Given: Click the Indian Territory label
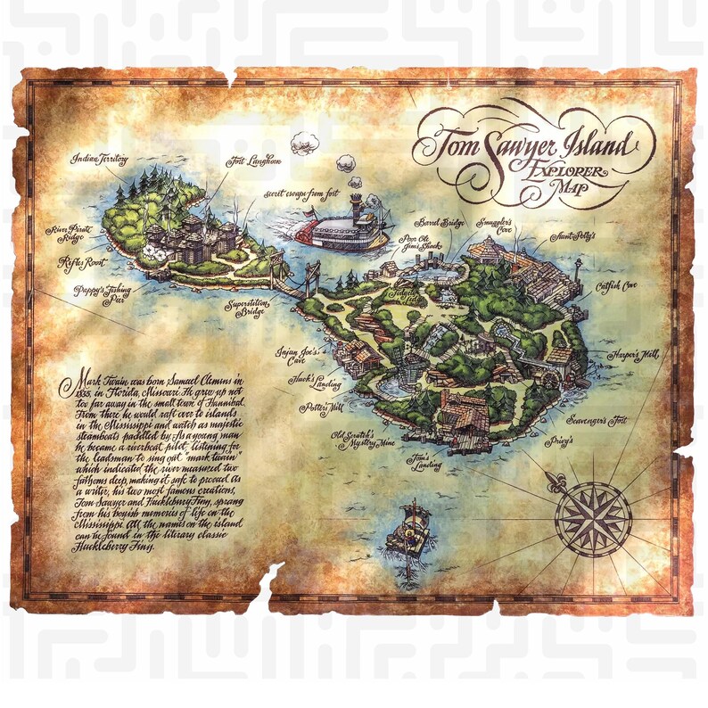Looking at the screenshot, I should coord(100,158).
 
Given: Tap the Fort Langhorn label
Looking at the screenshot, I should coord(254,161).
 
